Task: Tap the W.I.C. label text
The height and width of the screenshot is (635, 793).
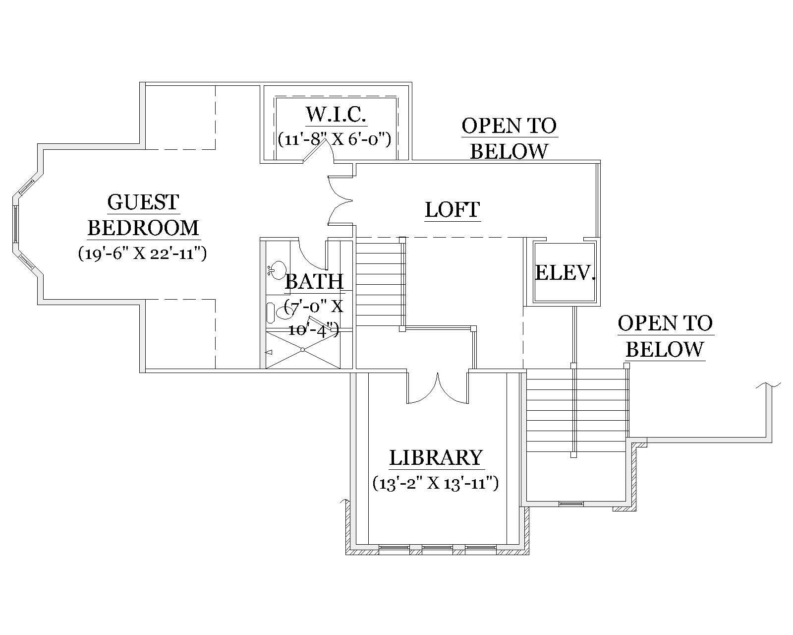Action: pos(336,114)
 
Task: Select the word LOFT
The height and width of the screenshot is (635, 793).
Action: pos(453,209)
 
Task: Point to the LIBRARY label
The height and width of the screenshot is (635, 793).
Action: pos(436,457)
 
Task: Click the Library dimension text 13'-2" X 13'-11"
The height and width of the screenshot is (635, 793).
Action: pos(435,483)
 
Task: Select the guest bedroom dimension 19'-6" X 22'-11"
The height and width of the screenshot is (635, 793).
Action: pos(142,254)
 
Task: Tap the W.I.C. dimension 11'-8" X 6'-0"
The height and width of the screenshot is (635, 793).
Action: pos(335,138)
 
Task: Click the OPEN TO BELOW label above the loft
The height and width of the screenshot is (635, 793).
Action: pos(509,138)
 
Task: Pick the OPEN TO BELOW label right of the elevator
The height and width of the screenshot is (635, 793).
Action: pos(665,336)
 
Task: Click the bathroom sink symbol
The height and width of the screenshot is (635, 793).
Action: pos(277,269)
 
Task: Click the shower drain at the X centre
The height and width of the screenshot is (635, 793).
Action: pos(302,350)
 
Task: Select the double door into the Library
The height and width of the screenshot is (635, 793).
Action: pos(438,389)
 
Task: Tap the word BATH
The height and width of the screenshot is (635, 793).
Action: pos(314,282)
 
